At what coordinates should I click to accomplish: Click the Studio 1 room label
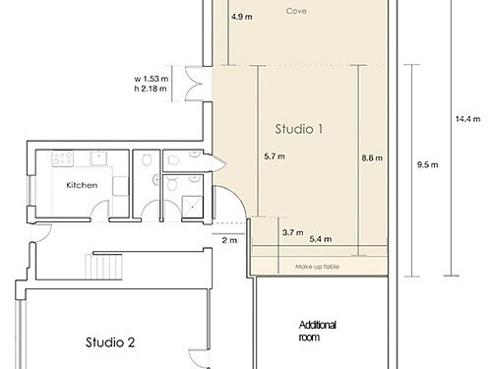(299, 129)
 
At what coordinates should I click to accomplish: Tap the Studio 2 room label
(110, 342)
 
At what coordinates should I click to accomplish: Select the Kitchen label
(82, 185)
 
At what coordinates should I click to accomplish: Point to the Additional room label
(318, 331)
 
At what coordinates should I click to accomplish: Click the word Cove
(296, 11)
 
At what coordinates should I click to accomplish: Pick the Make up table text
(317, 267)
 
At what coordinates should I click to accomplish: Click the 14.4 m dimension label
(468, 119)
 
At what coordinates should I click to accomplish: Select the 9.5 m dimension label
(427, 164)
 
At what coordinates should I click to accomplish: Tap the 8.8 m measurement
(372, 158)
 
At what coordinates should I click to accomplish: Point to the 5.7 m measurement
(275, 156)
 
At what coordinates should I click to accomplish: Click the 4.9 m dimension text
(242, 17)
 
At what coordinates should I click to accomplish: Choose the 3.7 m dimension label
(292, 232)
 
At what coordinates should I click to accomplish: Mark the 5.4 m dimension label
(321, 239)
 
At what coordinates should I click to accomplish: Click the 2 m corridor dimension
(229, 240)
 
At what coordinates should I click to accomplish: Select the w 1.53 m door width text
(152, 79)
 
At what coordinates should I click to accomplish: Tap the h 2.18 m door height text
(151, 89)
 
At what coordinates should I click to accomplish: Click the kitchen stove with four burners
(63, 158)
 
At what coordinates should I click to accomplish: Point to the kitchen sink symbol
(98, 158)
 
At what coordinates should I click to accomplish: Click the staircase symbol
(103, 267)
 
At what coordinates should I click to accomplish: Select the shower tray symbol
(193, 207)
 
